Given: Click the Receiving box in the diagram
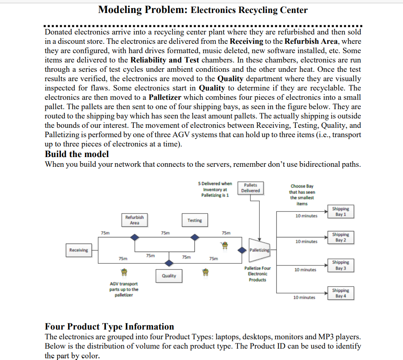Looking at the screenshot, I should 79,250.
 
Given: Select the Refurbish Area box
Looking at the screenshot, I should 134,220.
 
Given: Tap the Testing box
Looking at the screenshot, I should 194,220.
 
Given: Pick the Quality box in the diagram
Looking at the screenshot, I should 169,276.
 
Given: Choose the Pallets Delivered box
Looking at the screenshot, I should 250,188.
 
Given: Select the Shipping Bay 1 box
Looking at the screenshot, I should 341,211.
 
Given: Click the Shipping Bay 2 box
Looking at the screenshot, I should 341,237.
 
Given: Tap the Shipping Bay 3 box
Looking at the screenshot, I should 341,265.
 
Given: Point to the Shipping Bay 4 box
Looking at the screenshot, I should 341,293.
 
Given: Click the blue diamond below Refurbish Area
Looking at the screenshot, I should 134,237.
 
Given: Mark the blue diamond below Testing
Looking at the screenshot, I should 195,237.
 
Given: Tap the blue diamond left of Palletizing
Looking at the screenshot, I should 242,250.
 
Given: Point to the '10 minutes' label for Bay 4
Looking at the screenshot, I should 304,297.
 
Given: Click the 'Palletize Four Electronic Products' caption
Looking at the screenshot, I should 257,274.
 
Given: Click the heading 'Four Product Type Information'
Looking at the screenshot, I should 109,327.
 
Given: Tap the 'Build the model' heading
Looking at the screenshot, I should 77,154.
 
